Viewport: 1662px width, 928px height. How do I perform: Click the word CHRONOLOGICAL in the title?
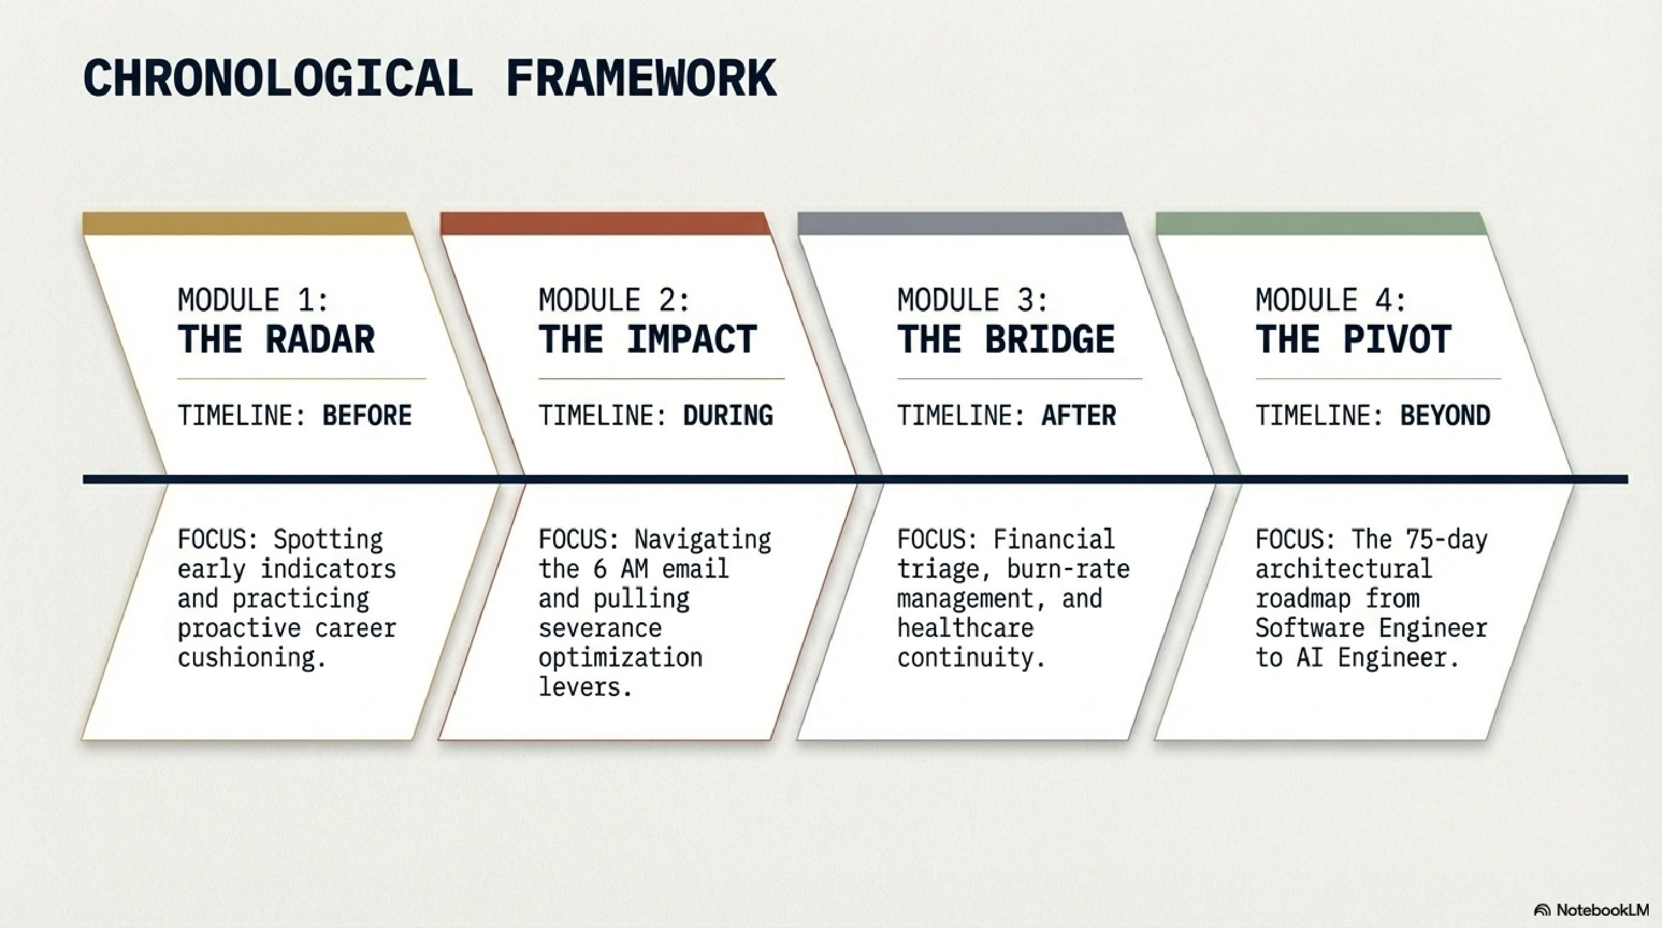coord(278,79)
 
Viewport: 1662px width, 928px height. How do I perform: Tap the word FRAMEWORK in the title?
coord(641,79)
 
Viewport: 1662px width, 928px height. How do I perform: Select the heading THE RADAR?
coord(276,340)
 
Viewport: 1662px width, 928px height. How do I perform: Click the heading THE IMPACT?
coord(648,340)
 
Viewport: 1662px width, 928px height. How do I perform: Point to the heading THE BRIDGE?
coord(1006,340)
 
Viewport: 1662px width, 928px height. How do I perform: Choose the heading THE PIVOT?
coord(1354,340)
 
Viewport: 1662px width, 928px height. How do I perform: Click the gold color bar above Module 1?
coord(246,223)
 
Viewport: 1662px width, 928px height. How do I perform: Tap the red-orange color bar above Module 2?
coord(605,223)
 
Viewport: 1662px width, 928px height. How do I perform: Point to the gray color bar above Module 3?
coord(963,223)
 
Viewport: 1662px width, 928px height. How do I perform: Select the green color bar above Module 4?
coord(1320,223)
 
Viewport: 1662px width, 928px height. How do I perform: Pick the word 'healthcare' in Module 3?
coord(965,629)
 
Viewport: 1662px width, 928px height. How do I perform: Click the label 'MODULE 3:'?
coord(972,300)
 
